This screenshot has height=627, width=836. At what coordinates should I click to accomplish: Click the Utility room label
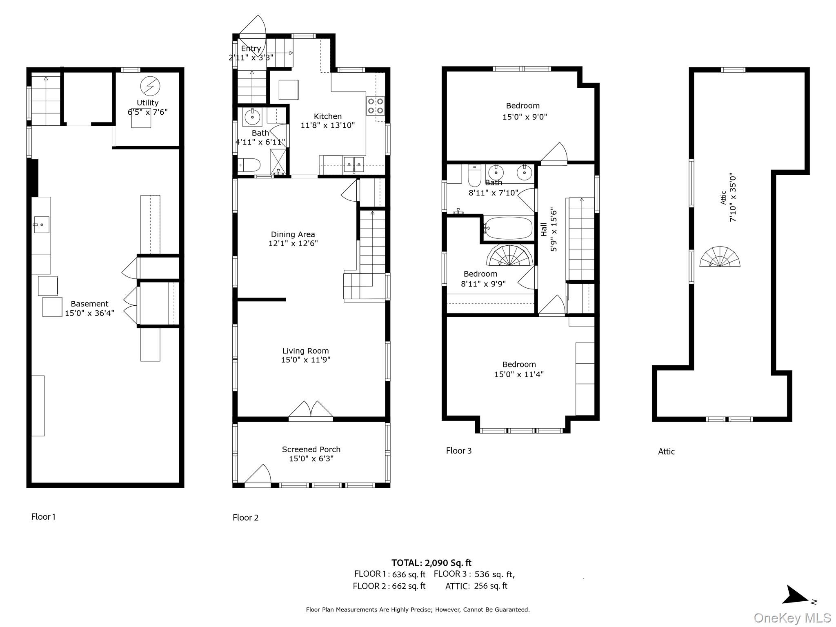click(x=147, y=103)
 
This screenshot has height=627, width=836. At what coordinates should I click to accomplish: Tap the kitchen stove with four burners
click(x=375, y=105)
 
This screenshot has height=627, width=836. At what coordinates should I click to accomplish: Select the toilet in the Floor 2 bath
click(x=249, y=165)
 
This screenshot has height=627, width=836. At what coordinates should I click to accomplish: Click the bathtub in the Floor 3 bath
click(x=508, y=228)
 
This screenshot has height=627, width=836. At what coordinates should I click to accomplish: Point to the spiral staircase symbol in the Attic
click(x=720, y=257)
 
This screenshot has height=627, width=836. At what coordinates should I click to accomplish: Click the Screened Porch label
click(x=311, y=449)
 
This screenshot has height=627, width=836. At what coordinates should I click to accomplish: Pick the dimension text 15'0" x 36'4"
click(x=89, y=313)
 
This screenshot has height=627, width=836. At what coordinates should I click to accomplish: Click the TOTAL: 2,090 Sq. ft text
click(x=431, y=563)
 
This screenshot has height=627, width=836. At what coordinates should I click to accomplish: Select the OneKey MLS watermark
click(x=792, y=618)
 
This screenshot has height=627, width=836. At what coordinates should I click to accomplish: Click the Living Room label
click(x=305, y=351)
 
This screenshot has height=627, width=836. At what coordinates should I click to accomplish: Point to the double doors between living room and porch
click(x=311, y=411)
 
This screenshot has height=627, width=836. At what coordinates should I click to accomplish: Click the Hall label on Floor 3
click(x=544, y=229)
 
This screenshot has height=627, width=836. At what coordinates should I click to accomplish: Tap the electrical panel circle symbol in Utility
click(x=150, y=86)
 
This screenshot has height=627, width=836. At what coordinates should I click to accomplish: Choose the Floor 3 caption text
click(x=458, y=451)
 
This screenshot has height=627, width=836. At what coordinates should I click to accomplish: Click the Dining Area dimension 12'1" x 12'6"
click(x=293, y=244)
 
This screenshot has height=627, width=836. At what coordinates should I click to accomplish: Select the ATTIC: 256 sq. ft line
click(x=476, y=586)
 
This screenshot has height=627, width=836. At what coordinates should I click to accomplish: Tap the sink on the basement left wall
click(x=41, y=225)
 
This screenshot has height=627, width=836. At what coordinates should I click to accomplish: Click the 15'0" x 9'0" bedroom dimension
click(x=524, y=117)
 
